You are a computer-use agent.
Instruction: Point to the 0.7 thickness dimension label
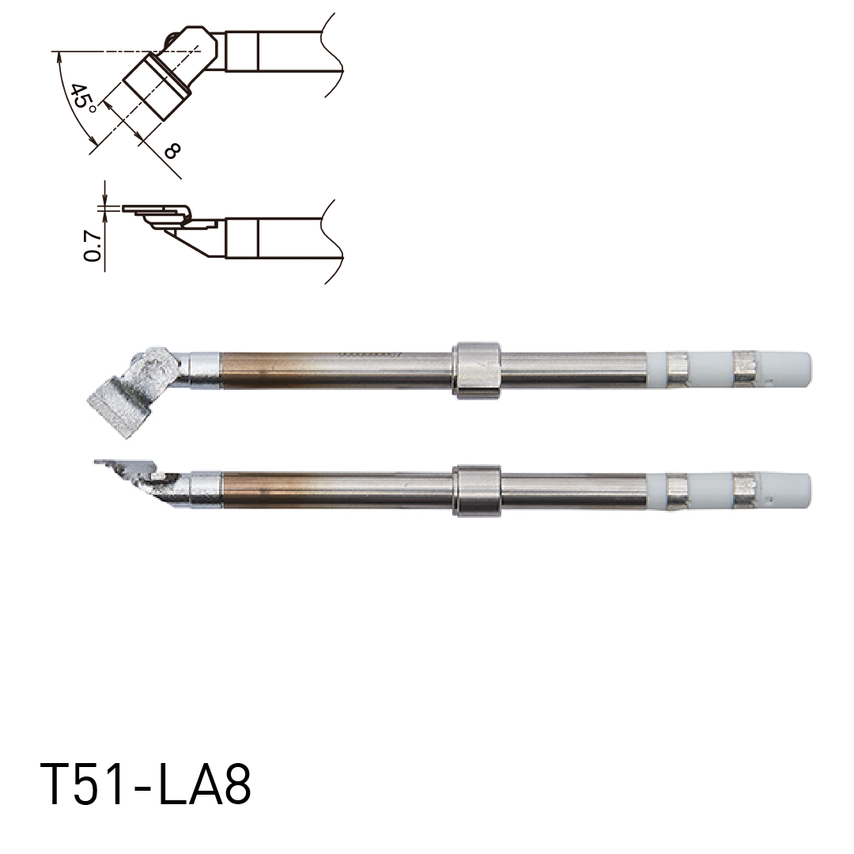click(92, 246)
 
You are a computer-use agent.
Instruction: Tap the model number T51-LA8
click(145, 784)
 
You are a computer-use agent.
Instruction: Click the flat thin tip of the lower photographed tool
click(119, 464)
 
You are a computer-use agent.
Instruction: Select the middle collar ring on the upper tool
click(476, 369)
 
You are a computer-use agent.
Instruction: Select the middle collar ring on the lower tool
click(477, 490)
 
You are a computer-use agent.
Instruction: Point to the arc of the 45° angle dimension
click(66, 103)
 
